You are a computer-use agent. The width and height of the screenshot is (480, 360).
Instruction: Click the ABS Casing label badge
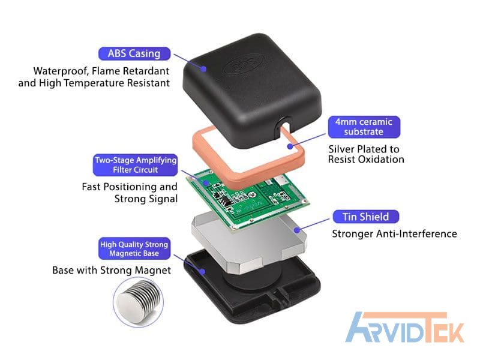134,53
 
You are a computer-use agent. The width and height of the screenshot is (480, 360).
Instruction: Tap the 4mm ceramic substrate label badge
364,127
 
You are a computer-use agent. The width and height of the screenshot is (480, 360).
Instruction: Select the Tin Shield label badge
365,217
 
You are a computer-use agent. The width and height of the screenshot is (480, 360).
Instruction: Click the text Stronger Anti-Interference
394,234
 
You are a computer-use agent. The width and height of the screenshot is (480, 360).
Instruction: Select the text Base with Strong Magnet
112,270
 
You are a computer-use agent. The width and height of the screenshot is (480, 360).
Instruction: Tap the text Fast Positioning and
130,187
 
